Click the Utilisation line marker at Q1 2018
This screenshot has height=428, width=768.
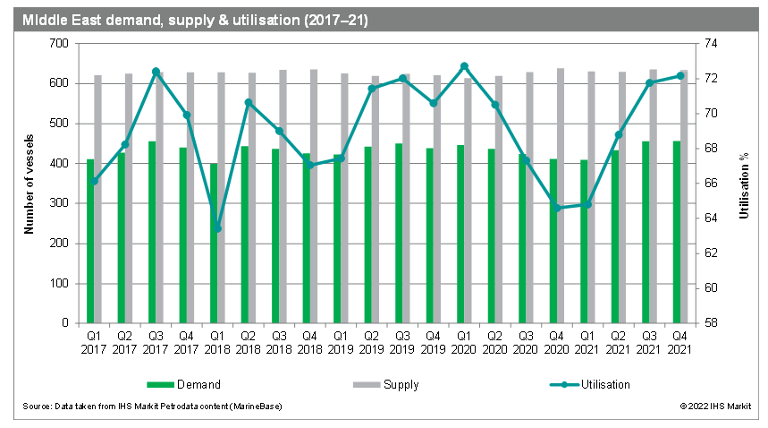point(217,228)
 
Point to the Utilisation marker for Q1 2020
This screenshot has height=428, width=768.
point(464,66)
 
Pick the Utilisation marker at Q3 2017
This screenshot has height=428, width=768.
point(156,72)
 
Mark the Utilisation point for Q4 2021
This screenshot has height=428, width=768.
point(680,75)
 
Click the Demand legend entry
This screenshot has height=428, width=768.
point(185,385)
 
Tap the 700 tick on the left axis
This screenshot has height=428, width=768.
point(59,43)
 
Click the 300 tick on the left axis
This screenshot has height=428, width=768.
point(59,203)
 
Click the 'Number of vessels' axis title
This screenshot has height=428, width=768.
point(29,184)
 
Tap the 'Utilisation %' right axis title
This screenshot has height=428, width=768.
point(743,184)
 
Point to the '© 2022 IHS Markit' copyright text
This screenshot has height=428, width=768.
point(714,407)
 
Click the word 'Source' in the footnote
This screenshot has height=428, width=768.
point(38,407)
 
